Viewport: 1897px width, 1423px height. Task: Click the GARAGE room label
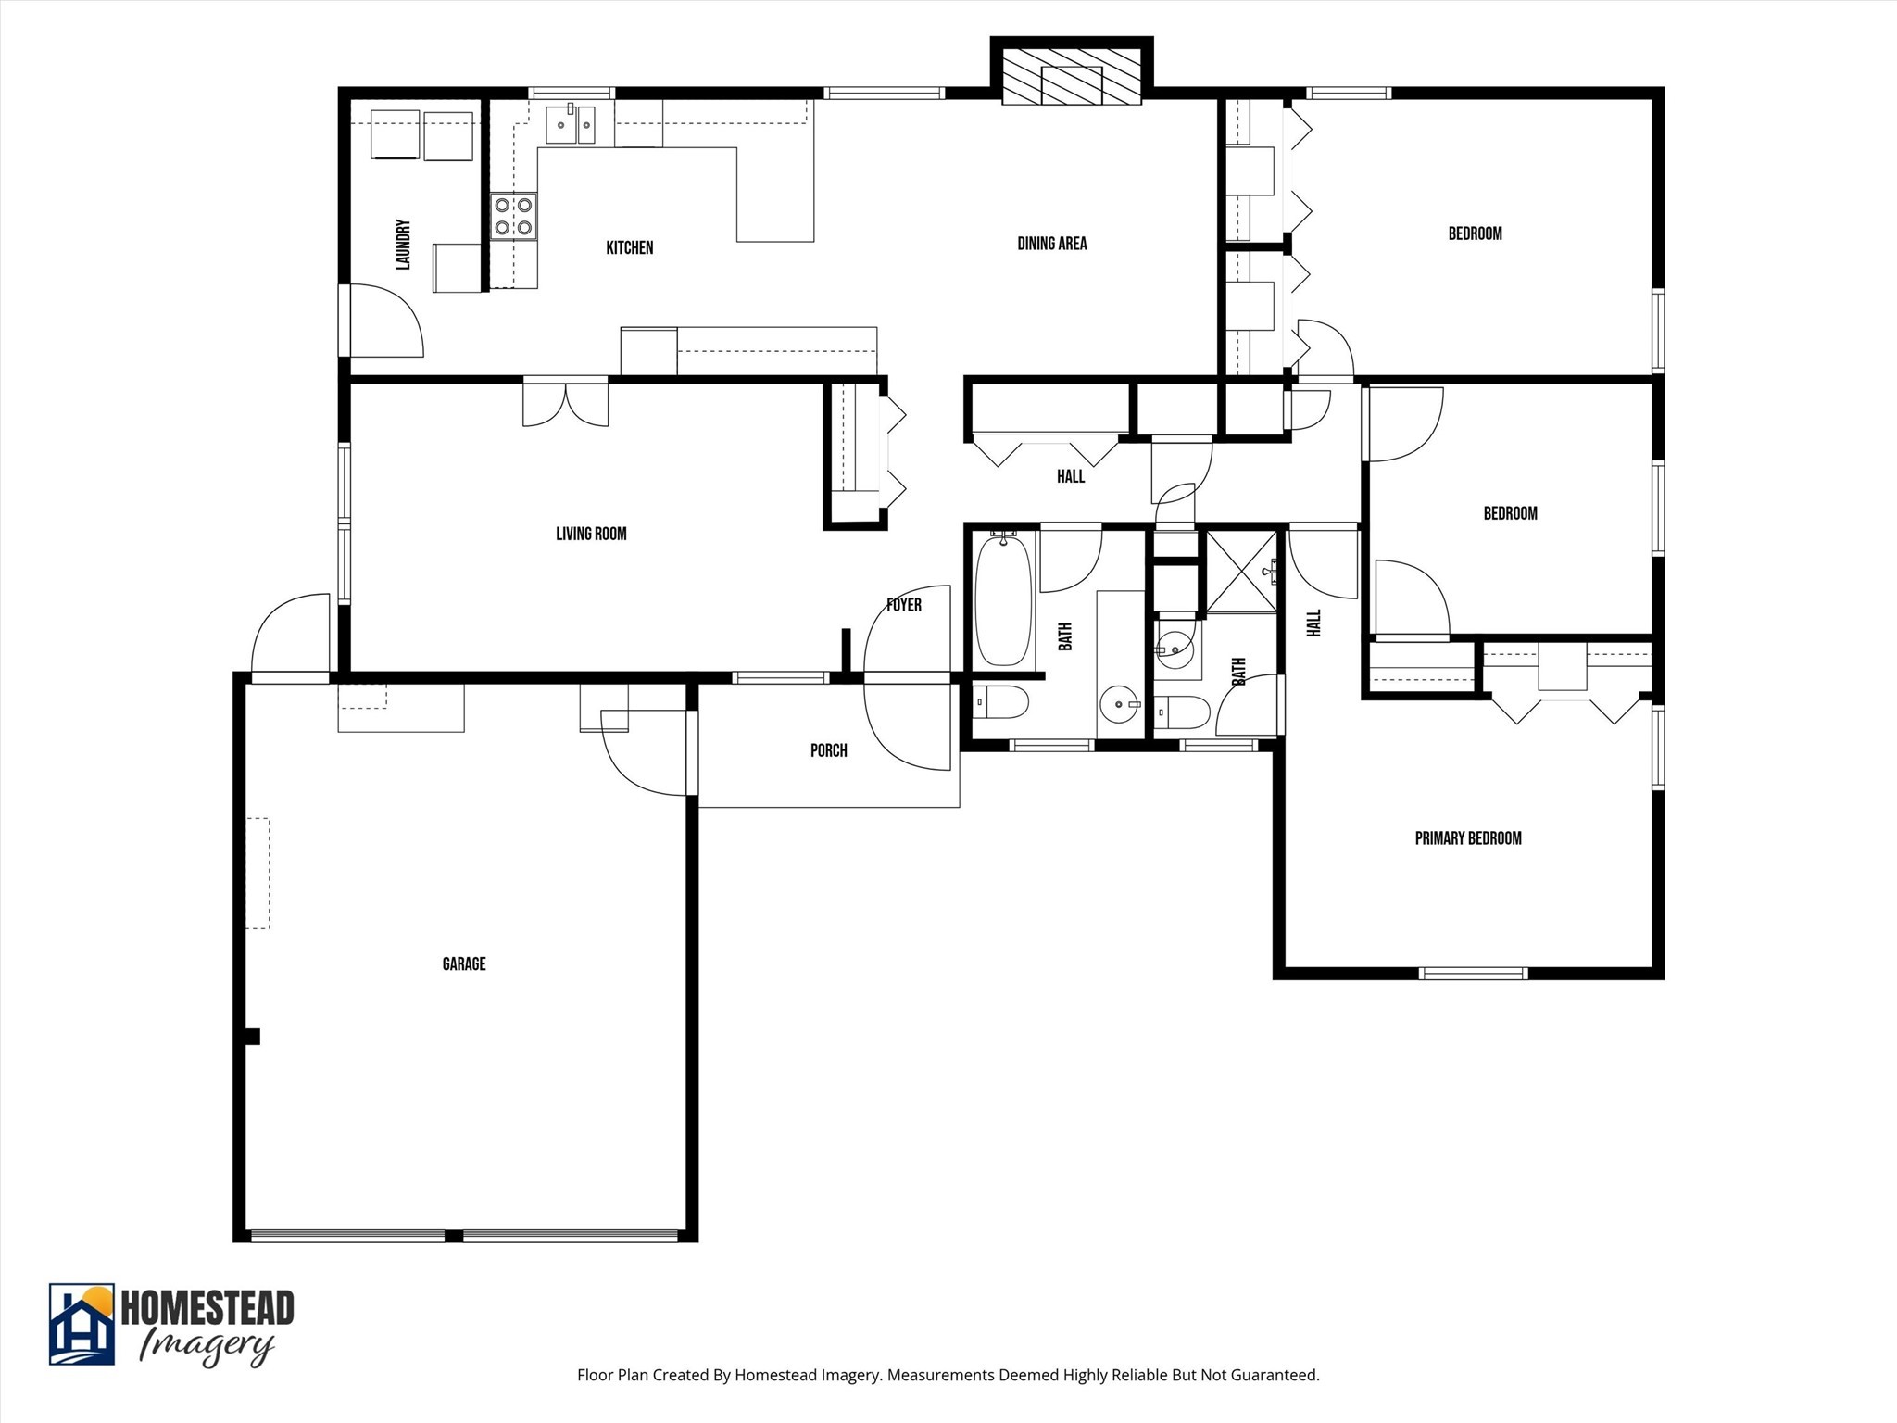point(463,964)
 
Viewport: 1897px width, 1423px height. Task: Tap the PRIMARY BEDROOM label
point(1468,838)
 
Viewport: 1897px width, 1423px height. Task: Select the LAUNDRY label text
point(403,245)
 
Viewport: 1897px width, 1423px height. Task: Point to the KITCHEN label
point(629,247)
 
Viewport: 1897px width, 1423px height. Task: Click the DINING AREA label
point(1051,244)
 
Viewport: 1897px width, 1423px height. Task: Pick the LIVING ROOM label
point(591,534)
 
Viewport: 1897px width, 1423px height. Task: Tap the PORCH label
point(828,750)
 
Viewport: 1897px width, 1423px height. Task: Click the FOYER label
point(903,605)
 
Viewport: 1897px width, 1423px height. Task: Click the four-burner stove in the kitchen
point(513,216)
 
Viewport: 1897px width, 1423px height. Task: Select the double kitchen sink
point(571,124)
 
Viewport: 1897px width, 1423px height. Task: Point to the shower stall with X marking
point(1241,571)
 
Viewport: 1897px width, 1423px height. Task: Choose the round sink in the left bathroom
point(1121,705)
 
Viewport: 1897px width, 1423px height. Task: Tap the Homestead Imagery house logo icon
point(82,1324)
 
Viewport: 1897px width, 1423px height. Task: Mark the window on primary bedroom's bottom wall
point(1473,973)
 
